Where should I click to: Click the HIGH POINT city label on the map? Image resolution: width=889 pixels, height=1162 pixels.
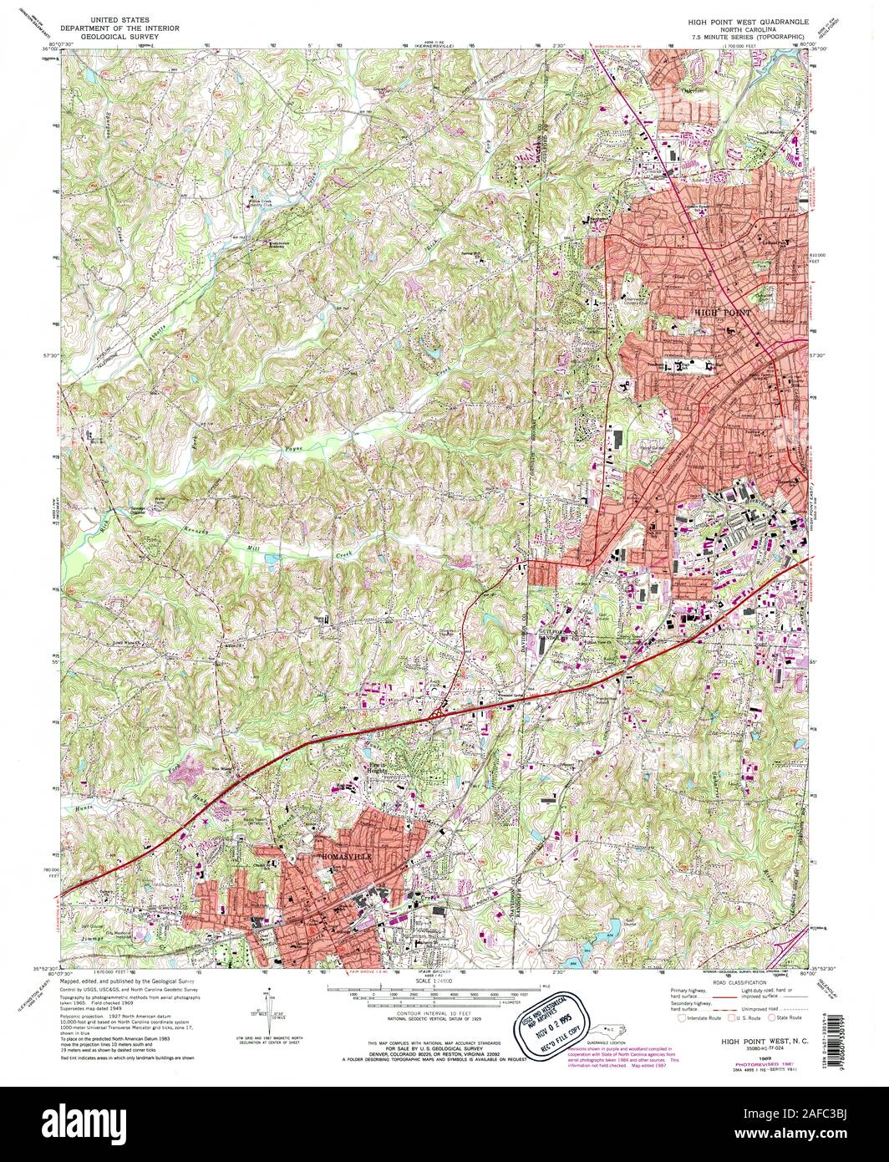pos(724,312)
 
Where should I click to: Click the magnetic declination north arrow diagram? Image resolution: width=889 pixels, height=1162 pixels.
pos(273,1009)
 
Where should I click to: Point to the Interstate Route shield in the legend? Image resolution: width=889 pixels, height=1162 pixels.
pos(683,1018)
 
